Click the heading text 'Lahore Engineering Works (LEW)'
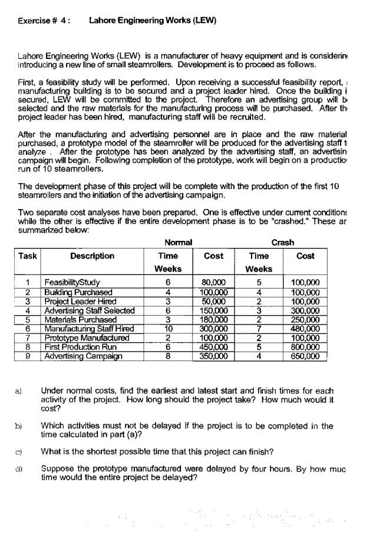[153, 21]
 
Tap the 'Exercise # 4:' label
[44, 21]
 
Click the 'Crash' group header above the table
[282, 243]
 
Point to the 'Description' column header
[92, 256]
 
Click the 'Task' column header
[28, 256]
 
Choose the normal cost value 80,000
[213, 283]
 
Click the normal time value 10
[167, 329]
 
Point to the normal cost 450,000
[213, 347]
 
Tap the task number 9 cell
[28, 356]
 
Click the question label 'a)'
[22, 391]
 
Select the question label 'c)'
[22, 452]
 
